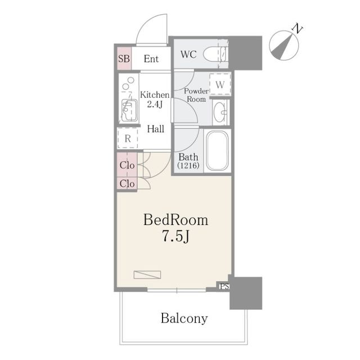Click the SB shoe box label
tap(124, 58)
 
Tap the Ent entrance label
tap(151, 59)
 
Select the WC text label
tap(188, 55)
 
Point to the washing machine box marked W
tap(220, 84)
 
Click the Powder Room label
tap(196, 95)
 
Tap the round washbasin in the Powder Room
tap(220, 112)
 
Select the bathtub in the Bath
tap(217, 151)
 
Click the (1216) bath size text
tap(188, 165)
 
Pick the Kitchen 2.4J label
tap(155, 100)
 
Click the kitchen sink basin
tap(129, 110)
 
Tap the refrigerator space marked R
tap(128, 138)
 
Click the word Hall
tap(156, 129)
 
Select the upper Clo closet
tap(127, 165)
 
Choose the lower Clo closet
tap(127, 183)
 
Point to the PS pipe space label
tap(224, 286)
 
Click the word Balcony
tap(184, 319)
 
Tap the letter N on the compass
tap(298, 28)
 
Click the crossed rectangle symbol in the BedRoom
tap(147, 274)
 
